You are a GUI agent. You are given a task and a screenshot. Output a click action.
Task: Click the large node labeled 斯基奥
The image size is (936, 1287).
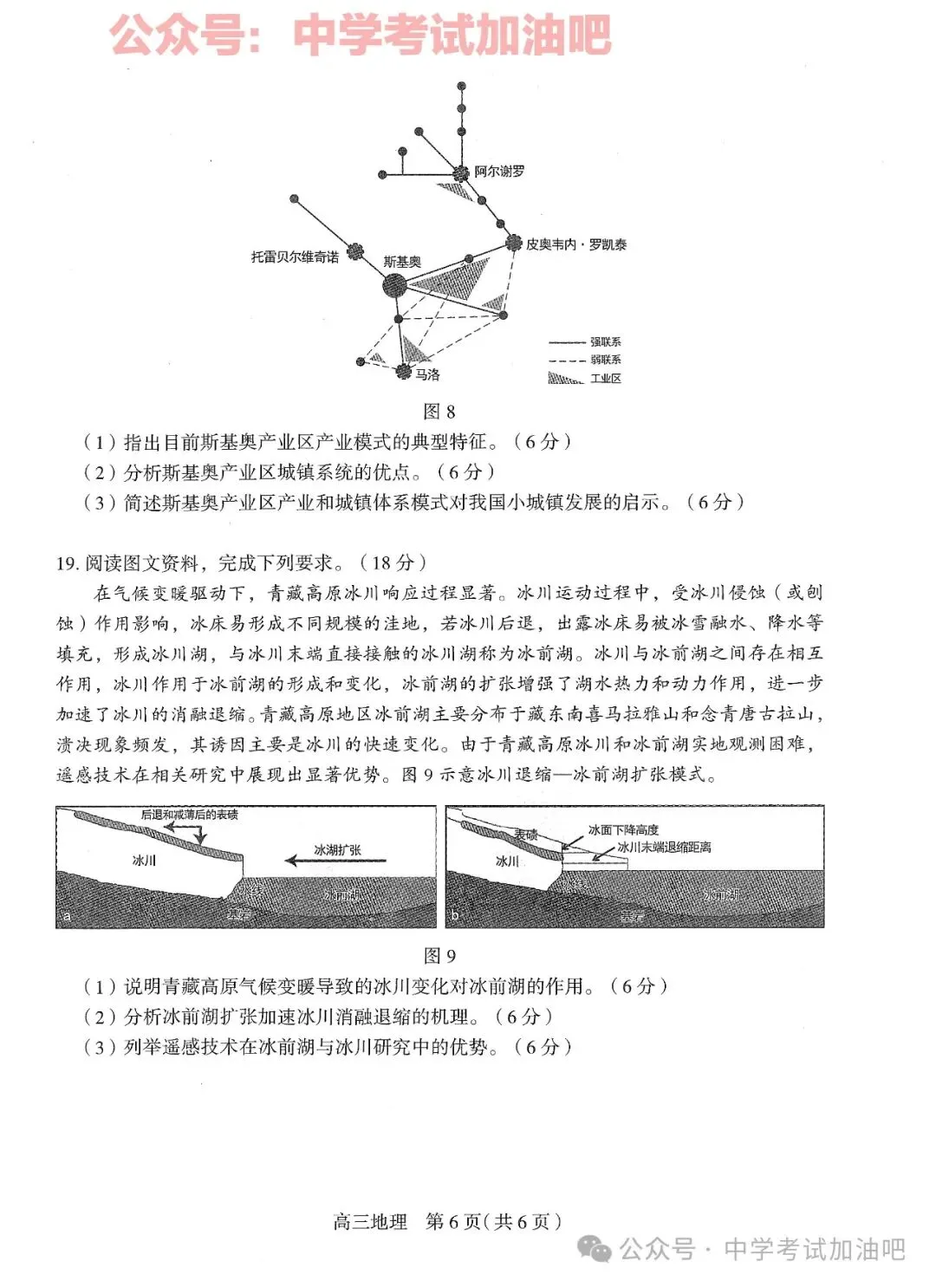point(394,285)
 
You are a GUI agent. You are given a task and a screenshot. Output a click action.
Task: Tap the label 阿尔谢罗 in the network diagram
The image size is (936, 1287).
point(499,172)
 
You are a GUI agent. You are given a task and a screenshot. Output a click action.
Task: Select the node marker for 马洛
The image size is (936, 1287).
point(403,372)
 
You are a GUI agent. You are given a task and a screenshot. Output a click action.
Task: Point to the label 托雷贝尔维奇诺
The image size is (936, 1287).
point(295,257)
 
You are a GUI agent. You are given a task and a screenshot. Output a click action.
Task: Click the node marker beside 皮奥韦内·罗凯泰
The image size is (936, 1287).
point(514,244)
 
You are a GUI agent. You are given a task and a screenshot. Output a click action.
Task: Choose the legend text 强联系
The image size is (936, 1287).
point(606,342)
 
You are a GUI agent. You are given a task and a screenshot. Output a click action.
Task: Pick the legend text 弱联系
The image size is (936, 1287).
point(606,360)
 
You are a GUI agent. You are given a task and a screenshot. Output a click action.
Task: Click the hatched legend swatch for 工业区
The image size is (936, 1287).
point(565,379)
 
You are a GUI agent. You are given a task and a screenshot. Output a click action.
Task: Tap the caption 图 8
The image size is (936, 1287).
point(439,411)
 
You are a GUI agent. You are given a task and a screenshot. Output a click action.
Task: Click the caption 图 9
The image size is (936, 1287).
point(439,955)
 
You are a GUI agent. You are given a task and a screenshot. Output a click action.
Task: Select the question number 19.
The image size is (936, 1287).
point(67,563)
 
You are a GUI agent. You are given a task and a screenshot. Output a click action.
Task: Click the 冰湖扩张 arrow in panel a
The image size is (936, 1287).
point(336,861)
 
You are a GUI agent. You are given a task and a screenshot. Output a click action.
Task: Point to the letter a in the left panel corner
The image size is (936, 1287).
point(67,915)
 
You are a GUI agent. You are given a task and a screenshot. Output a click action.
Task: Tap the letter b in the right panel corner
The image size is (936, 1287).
point(455,915)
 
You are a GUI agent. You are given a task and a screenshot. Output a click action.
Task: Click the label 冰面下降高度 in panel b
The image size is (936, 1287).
point(623,830)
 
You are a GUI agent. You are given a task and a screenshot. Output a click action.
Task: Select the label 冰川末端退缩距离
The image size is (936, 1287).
point(664,847)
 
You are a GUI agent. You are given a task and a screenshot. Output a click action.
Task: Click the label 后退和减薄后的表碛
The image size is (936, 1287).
point(189,815)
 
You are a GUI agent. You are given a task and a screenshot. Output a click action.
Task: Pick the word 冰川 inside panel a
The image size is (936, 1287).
point(144,861)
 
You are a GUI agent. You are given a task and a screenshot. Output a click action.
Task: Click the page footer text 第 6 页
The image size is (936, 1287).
point(453,1221)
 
